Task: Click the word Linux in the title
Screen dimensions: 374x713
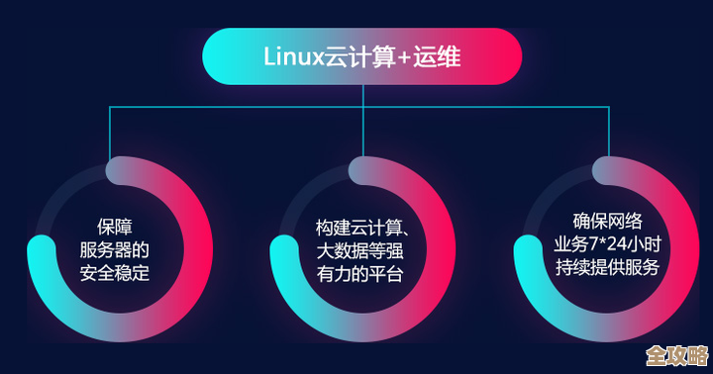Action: coord(288,55)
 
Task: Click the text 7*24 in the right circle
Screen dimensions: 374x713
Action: coord(608,243)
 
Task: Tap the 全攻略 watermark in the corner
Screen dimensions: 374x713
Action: coord(676,355)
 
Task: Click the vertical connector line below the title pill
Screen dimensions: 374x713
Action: coord(362,95)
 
